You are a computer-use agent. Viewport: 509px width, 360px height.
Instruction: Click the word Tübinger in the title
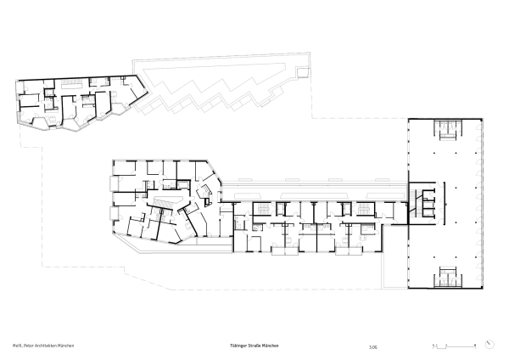tap(239, 346)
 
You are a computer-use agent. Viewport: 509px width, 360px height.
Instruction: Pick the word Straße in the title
tap(257, 346)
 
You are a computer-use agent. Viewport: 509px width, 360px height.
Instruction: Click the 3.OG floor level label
tap(373, 346)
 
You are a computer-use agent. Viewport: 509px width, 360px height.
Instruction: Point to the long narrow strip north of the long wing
tap(314, 181)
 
